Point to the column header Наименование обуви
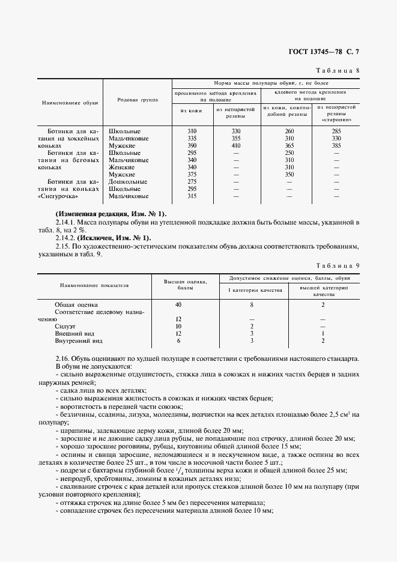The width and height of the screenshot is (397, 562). click(66, 103)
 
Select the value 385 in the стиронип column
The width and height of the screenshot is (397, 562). click(336, 146)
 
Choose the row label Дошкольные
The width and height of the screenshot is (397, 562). click(127, 181)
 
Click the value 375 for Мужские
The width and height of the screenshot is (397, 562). click(192, 175)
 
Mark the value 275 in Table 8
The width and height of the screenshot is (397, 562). click(192, 181)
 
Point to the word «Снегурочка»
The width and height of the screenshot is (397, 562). click(59, 196)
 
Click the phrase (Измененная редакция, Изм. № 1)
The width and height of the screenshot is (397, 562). click(111, 214)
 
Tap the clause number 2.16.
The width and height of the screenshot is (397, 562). click(62, 358)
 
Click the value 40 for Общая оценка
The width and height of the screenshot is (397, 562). click(178, 304)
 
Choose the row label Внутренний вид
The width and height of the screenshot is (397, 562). click(78, 340)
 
